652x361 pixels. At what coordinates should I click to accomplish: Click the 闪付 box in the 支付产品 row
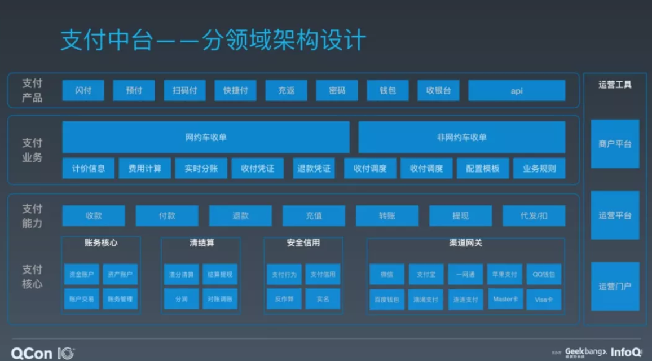click(x=83, y=90)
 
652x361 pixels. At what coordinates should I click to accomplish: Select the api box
click(x=517, y=90)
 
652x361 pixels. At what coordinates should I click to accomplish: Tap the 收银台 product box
click(x=438, y=90)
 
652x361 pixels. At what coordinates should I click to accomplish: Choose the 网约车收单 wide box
click(x=206, y=137)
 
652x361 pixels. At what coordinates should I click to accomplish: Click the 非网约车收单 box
click(x=461, y=137)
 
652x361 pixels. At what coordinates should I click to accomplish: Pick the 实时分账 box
click(x=201, y=168)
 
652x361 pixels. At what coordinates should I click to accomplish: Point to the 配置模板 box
click(x=483, y=168)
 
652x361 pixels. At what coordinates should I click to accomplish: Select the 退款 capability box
click(x=240, y=215)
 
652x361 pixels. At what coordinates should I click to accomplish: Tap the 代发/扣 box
click(x=534, y=215)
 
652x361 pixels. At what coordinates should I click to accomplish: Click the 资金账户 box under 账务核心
click(x=82, y=275)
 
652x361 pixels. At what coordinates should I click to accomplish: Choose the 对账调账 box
click(x=220, y=299)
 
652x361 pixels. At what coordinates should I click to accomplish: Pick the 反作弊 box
click(x=284, y=299)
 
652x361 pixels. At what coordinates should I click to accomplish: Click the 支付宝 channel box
click(x=426, y=275)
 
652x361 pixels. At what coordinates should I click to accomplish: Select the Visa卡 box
click(x=544, y=299)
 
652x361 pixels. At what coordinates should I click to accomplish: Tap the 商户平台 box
click(x=615, y=144)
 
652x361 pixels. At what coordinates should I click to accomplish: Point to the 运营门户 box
click(x=615, y=286)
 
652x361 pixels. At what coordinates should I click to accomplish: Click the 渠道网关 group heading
click(x=465, y=243)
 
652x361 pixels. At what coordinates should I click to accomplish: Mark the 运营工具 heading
click(x=615, y=85)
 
